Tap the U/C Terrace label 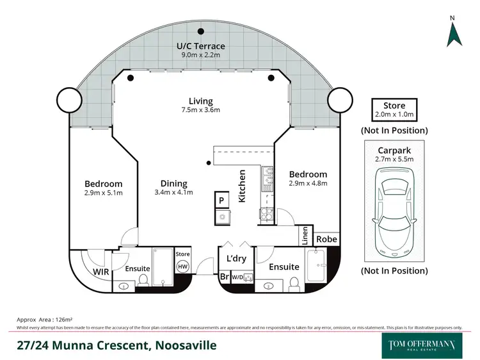(x=201, y=46)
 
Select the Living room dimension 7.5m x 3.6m (x=200, y=110)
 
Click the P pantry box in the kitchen (x=221, y=200)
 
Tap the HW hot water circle (x=182, y=266)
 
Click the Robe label (x=326, y=240)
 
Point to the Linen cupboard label (x=305, y=236)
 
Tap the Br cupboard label (x=223, y=277)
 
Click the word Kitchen (x=243, y=186)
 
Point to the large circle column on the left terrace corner (x=68, y=99)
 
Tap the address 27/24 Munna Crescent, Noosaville (x=116, y=345)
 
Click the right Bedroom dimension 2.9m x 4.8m (x=308, y=183)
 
